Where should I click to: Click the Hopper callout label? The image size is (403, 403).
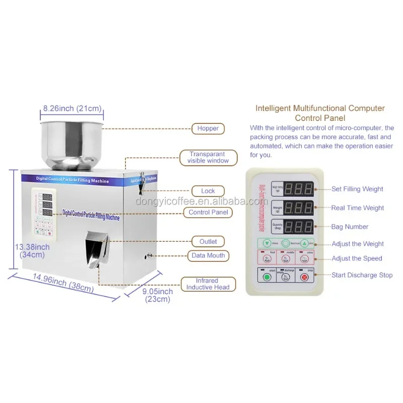pyautogui.click(x=208, y=128)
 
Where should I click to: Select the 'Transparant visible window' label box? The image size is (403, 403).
pyautogui.click(x=208, y=157)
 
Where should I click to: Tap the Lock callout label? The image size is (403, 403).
pyautogui.click(x=208, y=191)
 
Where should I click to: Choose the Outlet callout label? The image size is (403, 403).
pyautogui.click(x=208, y=242)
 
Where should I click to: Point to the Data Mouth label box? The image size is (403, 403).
pyautogui.click(x=208, y=255)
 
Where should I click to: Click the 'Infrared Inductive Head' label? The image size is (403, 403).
pyautogui.click(x=208, y=284)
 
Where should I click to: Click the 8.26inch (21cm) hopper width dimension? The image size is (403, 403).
pyautogui.click(x=73, y=108)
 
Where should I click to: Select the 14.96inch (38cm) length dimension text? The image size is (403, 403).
pyautogui.click(x=63, y=283)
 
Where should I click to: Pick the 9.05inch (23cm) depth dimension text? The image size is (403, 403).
pyautogui.click(x=157, y=295)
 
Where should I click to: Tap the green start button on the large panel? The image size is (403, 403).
pyautogui.click(x=267, y=277)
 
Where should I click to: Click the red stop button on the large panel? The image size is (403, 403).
pyautogui.click(x=304, y=277)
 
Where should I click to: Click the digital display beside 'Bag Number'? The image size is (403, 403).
pyautogui.click(x=301, y=226)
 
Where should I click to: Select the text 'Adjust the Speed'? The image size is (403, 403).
pyautogui.click(x=357, y=258)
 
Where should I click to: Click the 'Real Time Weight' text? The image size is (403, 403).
pyautogui.click(x=357, y=208)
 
